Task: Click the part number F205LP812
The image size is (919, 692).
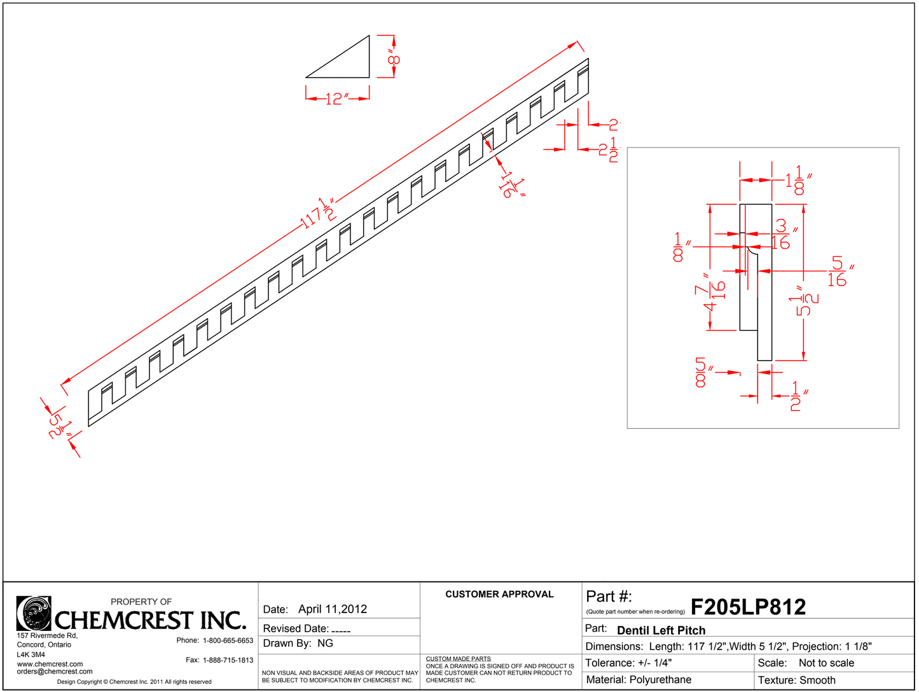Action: pyautogui.click(x=748, y=607)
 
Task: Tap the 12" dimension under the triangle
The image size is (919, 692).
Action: pyautogui.click(x=336, y=99)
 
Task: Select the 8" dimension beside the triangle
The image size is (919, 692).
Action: pyautogui.click(x=394, y=60)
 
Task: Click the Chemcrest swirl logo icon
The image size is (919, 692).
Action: pyautogui.click(x=34, y=613)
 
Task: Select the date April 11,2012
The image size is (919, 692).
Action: pyautogui.click(x=333, y=609)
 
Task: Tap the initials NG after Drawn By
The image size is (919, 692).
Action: pyautogui.click(x=325, y=643)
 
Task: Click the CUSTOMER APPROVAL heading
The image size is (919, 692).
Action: pyautogui.click(x=499, y=594)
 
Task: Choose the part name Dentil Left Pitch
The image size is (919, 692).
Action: pyautogui.click(x=661, y=630)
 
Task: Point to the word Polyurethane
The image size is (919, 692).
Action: pyautogui.click(x=660, y=680)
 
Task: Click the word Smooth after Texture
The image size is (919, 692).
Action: pyautogui.click(x=817, y=680)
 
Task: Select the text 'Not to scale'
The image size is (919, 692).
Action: pyautogui.click(x=826, y=663)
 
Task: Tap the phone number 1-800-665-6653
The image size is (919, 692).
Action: pyautogui.click(x=228, y=640)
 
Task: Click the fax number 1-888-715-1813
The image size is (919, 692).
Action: pyautogui.click(x=228, y=660)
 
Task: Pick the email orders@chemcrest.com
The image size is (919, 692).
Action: pyautogui.click(x=55, y=671)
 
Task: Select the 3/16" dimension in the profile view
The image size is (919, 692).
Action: pyautogui.click(x=782, y=234)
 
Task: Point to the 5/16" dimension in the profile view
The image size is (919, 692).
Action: pyautogui.click(x=838, y=272)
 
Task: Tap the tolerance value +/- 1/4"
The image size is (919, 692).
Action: pyautogui.click(x=654, y=663)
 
